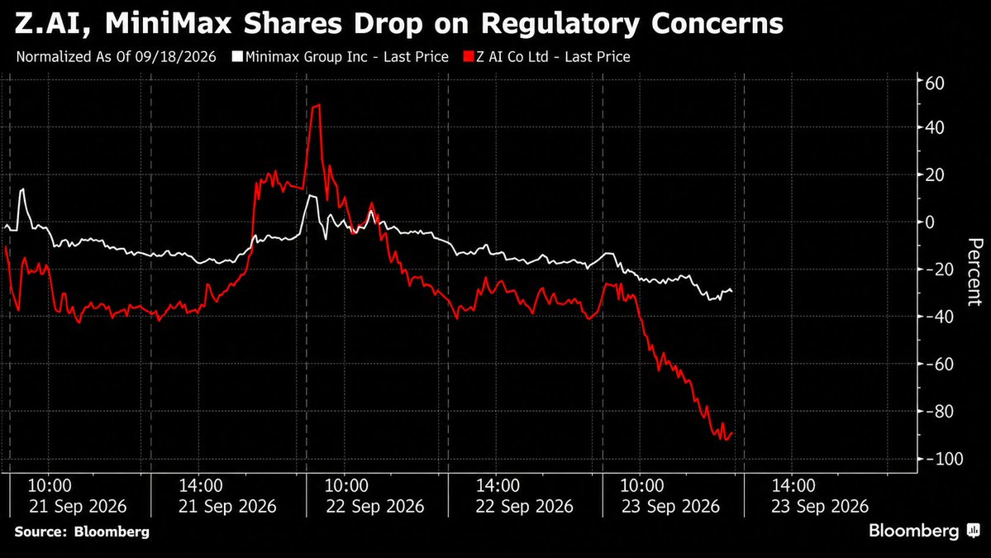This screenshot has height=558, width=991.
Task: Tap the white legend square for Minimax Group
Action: click(x=237, y=56)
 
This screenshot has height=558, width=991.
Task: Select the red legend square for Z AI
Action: click(x=469, y=56)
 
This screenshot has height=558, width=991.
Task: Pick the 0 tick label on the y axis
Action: click(x=930, y=222)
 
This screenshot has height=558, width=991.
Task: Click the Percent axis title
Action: click(x=974, y=272)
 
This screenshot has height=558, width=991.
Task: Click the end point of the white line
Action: click(x=731, y=291)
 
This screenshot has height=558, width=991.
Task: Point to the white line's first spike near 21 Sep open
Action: click(x=23, y=189)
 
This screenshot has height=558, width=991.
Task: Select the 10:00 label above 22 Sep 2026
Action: click(x=346, y=486)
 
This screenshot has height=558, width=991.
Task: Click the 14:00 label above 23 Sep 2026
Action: click(x=793, y=486)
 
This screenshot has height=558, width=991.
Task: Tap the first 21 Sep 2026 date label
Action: click(x=77, y=507)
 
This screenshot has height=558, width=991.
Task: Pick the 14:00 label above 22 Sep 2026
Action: click(x=498, y=486)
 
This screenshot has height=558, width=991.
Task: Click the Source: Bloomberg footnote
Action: click(x=82, y=532)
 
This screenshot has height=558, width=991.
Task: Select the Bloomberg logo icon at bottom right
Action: click(x=973, y=531)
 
